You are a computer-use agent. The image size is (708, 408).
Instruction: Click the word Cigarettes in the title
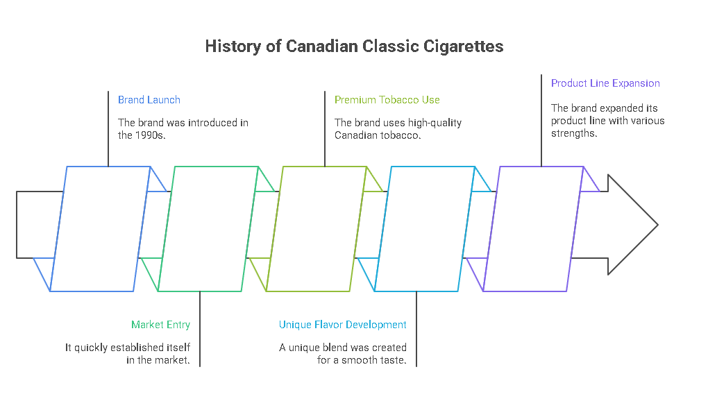pos(466,46)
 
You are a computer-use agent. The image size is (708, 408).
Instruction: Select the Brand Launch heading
pos(149,100)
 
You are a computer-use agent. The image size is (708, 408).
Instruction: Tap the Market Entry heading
pos(160,325)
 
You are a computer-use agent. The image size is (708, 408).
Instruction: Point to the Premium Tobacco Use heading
pos(387,100)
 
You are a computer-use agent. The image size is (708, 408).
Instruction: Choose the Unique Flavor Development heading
pos(343,325)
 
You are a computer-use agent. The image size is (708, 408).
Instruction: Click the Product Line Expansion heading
pos(605,83)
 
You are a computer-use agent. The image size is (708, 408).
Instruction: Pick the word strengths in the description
pos(573,133)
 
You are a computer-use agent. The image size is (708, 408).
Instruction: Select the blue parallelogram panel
pos(101,229)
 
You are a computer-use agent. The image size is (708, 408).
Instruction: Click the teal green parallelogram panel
pos(208,229)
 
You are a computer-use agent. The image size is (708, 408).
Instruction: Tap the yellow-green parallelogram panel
pos(317,229)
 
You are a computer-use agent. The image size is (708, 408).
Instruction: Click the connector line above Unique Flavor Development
pos(416,329)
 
